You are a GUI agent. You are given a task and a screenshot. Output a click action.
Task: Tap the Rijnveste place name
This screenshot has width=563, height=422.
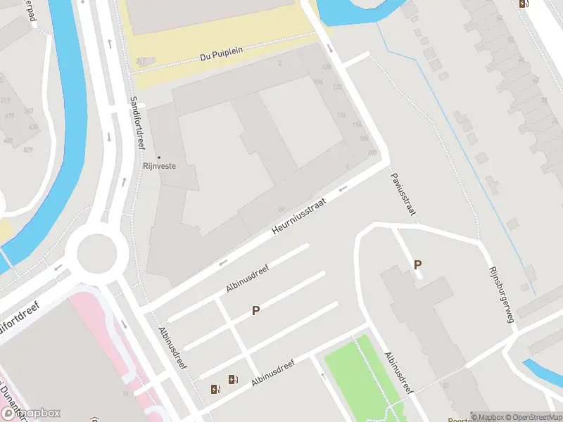point(159,167)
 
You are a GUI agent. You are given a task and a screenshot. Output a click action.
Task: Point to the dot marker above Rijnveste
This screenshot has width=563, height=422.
point(159,157)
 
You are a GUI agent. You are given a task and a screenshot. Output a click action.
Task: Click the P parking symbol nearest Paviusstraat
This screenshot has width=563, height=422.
point(418,265)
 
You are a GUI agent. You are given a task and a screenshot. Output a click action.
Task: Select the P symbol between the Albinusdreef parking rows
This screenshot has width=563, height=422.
point(256,310)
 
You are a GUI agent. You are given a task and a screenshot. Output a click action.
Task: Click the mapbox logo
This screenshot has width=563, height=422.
point(31,414)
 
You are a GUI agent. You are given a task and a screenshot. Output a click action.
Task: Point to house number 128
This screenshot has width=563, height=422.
point(326,67)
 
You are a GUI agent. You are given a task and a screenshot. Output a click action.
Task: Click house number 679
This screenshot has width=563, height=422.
point(9,116)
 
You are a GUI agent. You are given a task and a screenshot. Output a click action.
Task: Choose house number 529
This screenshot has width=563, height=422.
point(28,150)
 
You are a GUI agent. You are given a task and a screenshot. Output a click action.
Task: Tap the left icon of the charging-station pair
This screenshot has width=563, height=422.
point(215,389)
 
